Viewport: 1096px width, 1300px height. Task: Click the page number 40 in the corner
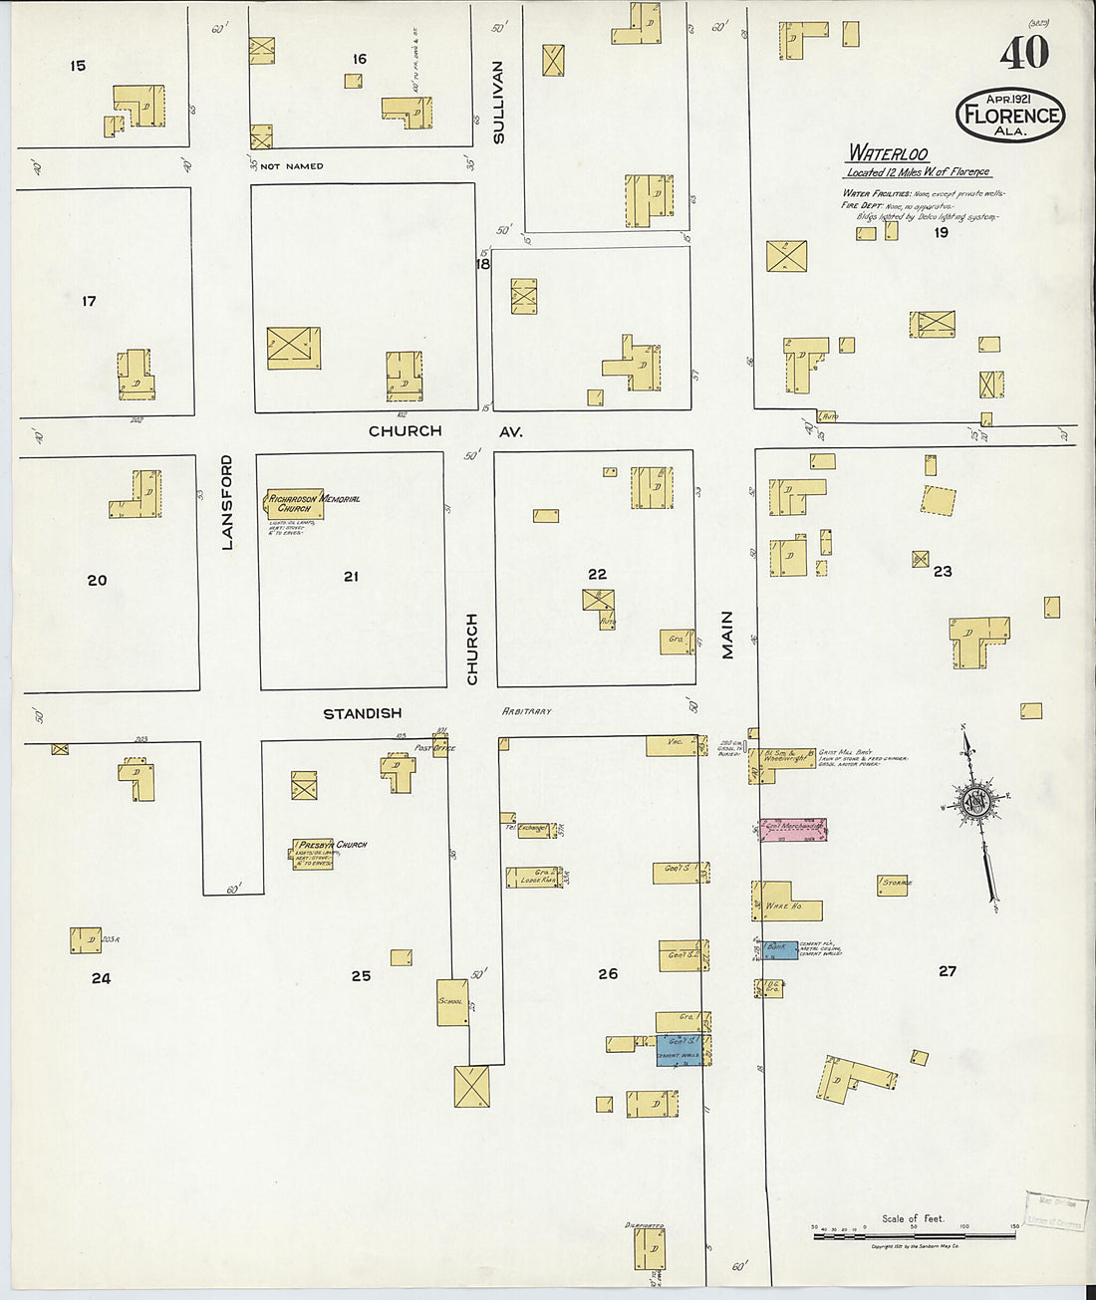coord(1024,53)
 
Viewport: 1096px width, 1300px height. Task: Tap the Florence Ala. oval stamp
coord(1010,114)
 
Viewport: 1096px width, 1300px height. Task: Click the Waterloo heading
coord(888,153)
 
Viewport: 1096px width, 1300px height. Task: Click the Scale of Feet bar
coord(914,1235)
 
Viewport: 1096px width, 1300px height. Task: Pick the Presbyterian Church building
coord(312,854)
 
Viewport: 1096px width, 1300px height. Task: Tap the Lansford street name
coord(226,502)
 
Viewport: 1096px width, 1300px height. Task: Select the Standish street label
coord(362,713)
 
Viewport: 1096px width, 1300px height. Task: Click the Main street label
coord(727,635)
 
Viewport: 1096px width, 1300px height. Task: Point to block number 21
coord(351,576)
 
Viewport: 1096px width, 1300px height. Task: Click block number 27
coord(947,970)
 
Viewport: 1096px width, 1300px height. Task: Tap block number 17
coord(89,301)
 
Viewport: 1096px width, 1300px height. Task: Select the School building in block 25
coord(452,1002)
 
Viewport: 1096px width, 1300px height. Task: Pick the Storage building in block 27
coord(893,884)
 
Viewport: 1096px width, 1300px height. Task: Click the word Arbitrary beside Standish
coord(526,711)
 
